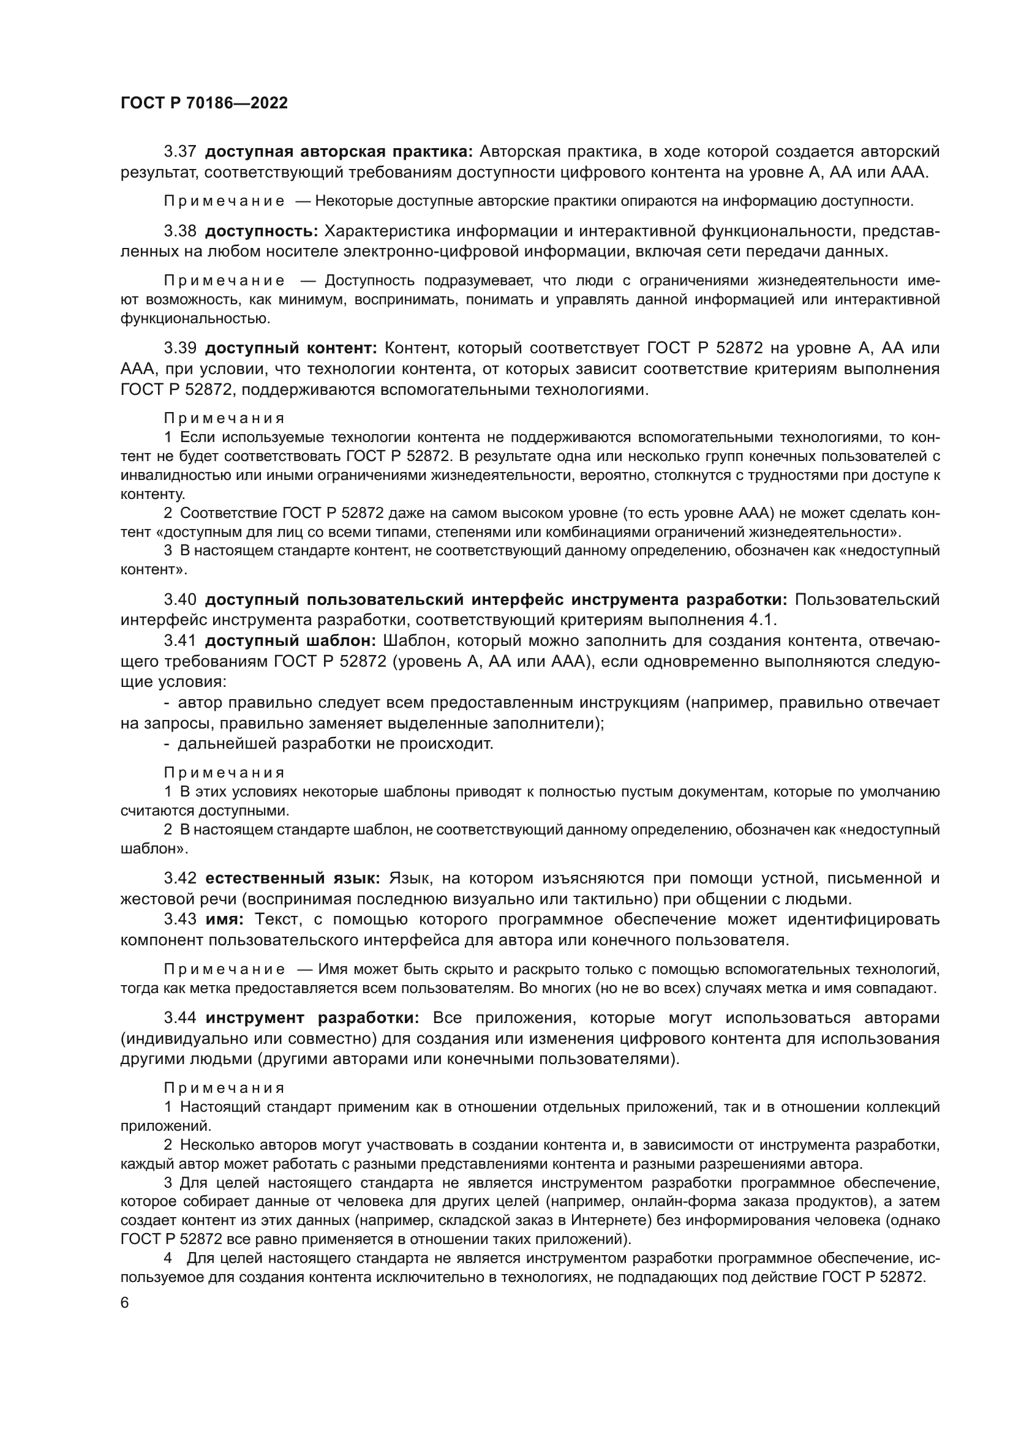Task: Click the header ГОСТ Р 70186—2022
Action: click(204, 103)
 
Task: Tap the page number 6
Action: click(125, 1303)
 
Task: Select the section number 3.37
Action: click(179, 152)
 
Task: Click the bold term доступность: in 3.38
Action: click(262, 231)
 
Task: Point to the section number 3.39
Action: click(179, 348)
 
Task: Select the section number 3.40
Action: click(179, 600)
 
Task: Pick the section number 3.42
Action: click(179, 879)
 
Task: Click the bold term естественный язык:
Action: click(293, 879)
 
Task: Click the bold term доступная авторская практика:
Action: click(339, 152)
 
